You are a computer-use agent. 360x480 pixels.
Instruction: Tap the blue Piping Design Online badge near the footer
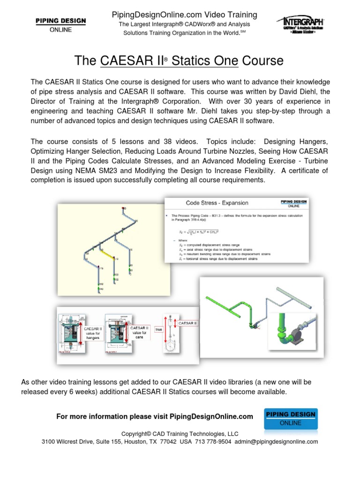(291, 419)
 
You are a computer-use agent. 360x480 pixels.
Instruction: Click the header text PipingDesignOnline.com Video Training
(181, 15)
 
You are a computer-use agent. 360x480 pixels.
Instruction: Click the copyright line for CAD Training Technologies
(180, 434)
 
